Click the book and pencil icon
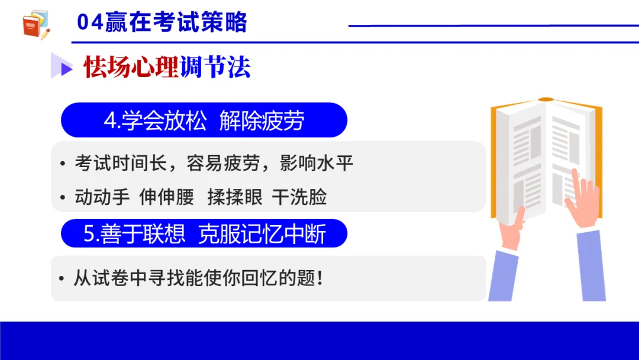(x=36, y=25)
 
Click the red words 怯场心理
(x=131, y=66)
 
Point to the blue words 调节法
(x=215, y=66)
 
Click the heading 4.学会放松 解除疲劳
(x=204, y=121)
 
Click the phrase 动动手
(x=102, y=197)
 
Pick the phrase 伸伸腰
(x=167, y=197)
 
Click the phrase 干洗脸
(x=299, y=197)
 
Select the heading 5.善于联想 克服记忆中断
(x=204, y=234)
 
